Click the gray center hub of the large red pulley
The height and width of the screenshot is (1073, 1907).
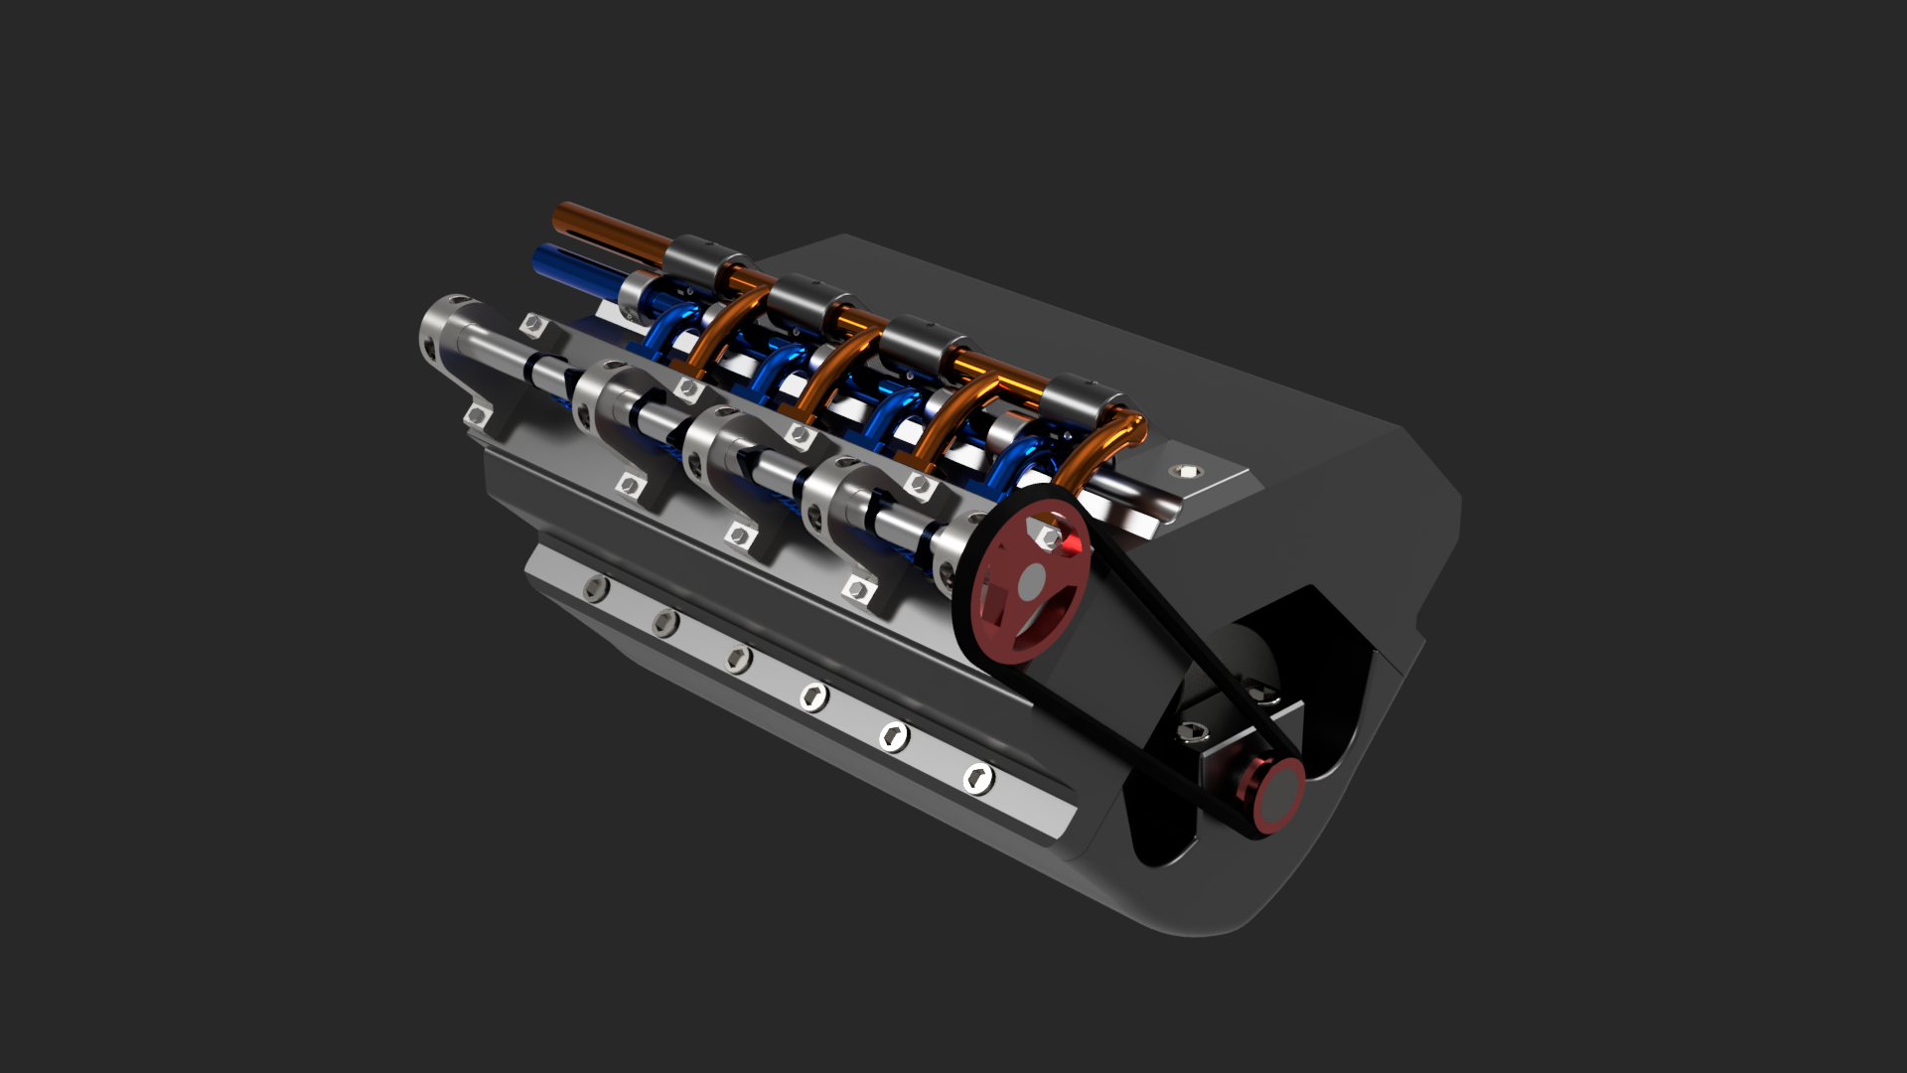coord(1032,580)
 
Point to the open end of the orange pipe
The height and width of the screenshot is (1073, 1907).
coord(561,217)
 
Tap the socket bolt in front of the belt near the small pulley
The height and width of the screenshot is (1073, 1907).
coord(1193,733)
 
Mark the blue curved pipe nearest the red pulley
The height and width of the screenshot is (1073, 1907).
coord(1023,467)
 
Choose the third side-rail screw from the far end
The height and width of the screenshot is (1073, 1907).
coord(737,658)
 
